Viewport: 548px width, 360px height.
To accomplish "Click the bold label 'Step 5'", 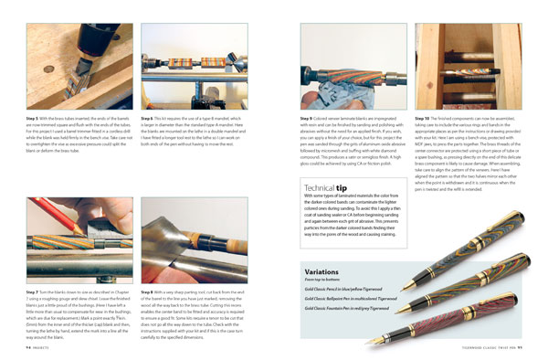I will click(x=37, y=118).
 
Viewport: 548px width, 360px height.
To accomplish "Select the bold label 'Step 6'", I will click(x=152, y=118).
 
